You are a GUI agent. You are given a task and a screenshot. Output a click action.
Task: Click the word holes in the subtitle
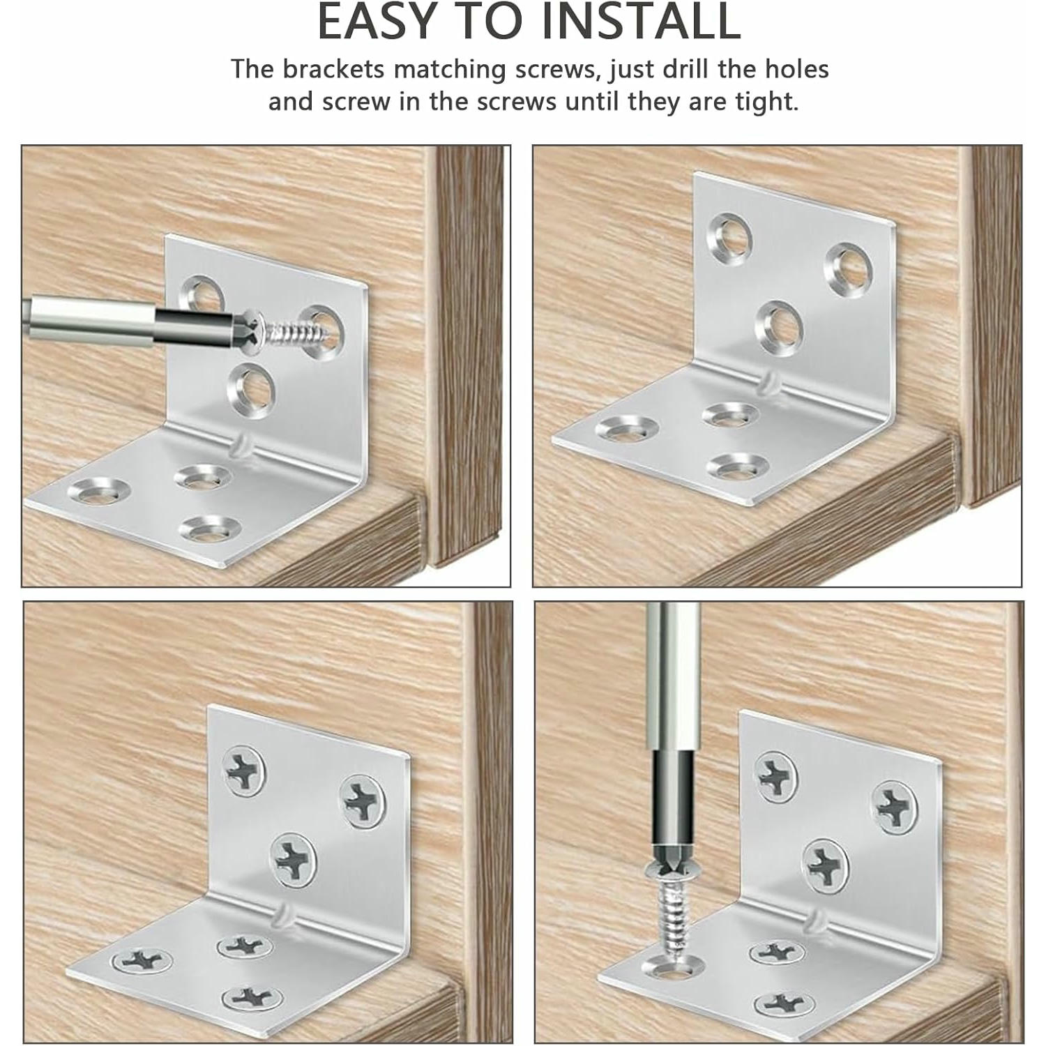tap(797, 69)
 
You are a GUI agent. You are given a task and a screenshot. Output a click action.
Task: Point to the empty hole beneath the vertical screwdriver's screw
tap(673, 967)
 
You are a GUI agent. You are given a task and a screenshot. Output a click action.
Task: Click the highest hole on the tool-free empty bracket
tap(729, 234)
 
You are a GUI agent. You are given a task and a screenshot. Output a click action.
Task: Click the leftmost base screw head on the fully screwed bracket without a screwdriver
tap(142, 960)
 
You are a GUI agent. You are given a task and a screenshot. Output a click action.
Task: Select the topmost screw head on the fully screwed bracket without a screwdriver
tap(244, 771)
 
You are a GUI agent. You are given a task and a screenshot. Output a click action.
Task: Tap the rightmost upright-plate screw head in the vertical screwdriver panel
tap(895, 808)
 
